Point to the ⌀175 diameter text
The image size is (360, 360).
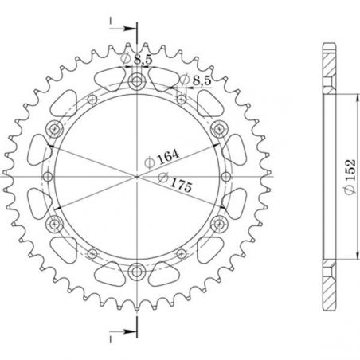click(178, 182)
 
